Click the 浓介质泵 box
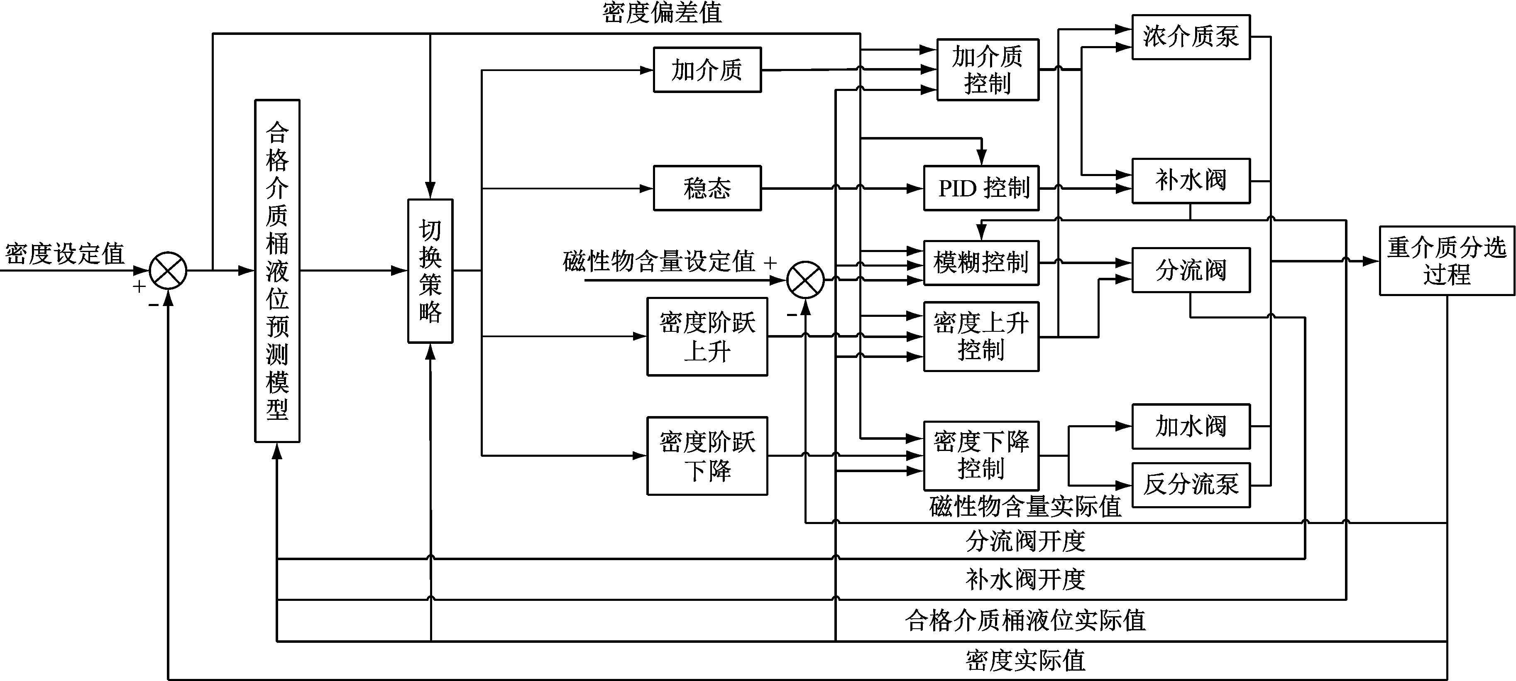click(x=1191, y=37)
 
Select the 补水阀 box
click(x=1191, y=181)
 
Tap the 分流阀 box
click(x=1191, y=270)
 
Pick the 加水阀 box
click(x=1191, y=426)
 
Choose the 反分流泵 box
click(x=1191, y=485)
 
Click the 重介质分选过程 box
click(x=1447, y=261)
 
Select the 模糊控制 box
click(x=981, y=262)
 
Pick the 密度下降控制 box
click(x=981, y=456)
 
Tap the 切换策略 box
click(x=430, y=271)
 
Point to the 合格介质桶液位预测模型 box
click(x=277, y=271)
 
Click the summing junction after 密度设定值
click(x=168, y=271)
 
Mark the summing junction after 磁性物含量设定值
click(x=806, y=280)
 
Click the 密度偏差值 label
click(x=662, y=13)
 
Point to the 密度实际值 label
click(x=1025, y=660)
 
